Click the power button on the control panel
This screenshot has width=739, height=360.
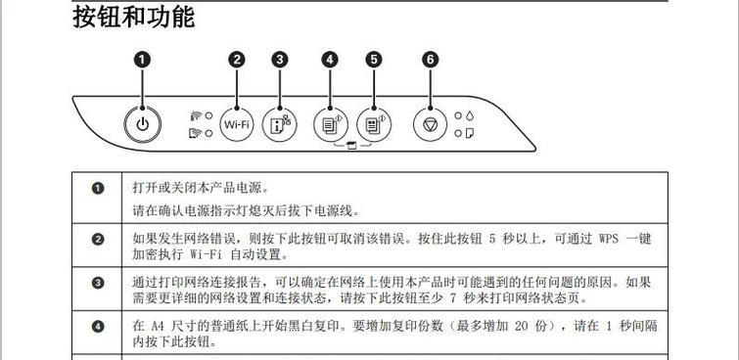(143, 124)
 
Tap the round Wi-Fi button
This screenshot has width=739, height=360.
(237, 124)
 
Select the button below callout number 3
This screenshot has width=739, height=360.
(280, 124)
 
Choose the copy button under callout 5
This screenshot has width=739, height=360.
(373, 124)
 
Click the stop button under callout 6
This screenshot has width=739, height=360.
(431, 124)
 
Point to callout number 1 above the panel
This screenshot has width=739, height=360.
(143, 60)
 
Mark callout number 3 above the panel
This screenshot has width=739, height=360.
(280, 60)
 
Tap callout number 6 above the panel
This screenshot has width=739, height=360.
(431, 60)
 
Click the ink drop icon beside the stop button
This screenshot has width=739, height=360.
(471, 115)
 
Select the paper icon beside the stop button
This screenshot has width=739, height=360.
(471, 132)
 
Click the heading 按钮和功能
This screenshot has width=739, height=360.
(134, 17)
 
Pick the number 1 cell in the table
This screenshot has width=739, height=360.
(97, 188)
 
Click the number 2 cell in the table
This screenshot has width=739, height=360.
(97, 239)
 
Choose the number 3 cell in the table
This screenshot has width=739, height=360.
(97, 284)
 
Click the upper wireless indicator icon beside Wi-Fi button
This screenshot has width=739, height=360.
(195, 116)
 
